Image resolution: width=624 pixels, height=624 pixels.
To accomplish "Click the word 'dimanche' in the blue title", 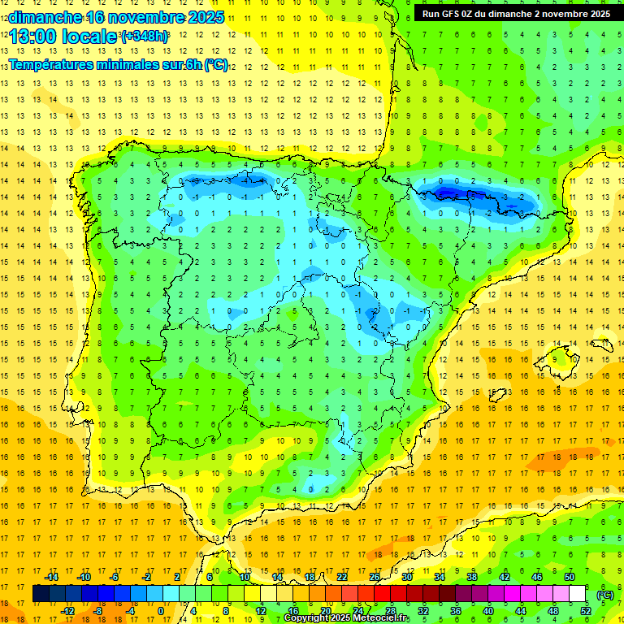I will pos(45,17).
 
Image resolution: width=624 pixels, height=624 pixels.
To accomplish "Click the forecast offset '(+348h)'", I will pos(145,37).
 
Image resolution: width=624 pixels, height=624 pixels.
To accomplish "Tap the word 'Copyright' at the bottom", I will pos(306,618).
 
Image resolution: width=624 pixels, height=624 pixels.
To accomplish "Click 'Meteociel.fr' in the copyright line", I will pos(381,618).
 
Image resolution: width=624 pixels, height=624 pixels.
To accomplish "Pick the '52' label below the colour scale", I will pos(585,610).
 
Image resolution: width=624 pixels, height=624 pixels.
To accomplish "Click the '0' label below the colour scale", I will pos(161,610).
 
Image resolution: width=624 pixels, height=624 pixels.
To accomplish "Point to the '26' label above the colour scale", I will pos(374,577).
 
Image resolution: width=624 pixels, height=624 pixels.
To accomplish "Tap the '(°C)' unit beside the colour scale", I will pos(605,594).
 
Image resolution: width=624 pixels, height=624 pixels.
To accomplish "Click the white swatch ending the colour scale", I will pos(577,594).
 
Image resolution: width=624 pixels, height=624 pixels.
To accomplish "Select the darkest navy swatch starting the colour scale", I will pos(41,594).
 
